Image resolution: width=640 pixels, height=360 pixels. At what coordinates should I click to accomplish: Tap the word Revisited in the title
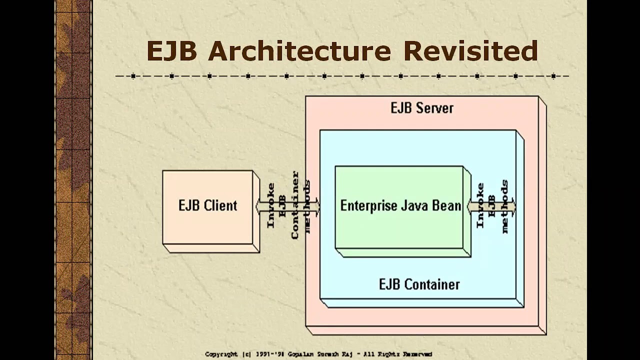pyautogui.click(x=470, y=51)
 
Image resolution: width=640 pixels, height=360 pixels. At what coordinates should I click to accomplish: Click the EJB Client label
pyautogui.click(x=207, y=205)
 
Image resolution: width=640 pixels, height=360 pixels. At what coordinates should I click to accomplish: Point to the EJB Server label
pyautogui.click(x=422, y=108)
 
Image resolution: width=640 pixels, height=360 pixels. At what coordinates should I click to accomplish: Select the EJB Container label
pyautogui.click(x=419, y=284)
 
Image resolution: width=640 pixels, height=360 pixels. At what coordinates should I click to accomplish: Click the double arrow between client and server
pyautogui.click(x=287, y=206)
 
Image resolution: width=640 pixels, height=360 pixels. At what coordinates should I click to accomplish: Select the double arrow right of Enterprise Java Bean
pyautogui.click(x=492, y=206)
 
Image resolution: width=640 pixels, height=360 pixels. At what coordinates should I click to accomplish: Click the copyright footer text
pyautogui.click(x=318, y=354)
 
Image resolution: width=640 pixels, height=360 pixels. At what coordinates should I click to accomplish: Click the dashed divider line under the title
pyautogui.click(x=342, y=76)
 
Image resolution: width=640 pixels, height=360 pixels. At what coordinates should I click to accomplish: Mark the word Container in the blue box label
pyautogui.click(x=432, y=284)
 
